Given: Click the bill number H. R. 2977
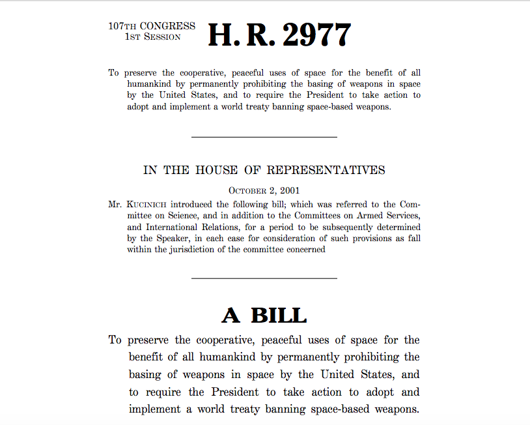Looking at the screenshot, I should point(279,35).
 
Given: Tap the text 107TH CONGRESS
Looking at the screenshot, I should point(152,26).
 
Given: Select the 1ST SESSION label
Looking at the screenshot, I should point(152,37).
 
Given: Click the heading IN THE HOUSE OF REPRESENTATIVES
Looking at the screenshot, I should point(264,170).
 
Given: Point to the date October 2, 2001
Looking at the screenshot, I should point(264,190).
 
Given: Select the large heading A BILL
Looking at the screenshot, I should point(264,315).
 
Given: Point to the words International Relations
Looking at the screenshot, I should point(178,227).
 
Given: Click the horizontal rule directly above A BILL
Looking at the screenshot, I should point(264,278).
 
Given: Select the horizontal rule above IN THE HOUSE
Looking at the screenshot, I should point(264,137).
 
